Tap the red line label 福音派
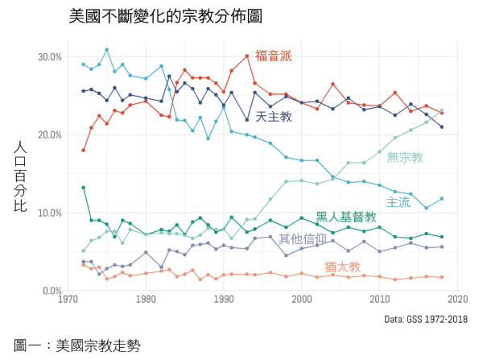tap(273, 56)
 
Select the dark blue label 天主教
tap(274, 117)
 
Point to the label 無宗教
tap(405, 157)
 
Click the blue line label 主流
tap(399, 201)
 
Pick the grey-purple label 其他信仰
tap(303, 238)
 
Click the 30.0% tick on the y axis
tap(50, 57)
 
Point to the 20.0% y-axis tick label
tap(50, 134)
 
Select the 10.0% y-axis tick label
tap(50, 213)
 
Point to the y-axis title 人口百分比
tap(23, 175)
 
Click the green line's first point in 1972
tap(84, 188)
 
